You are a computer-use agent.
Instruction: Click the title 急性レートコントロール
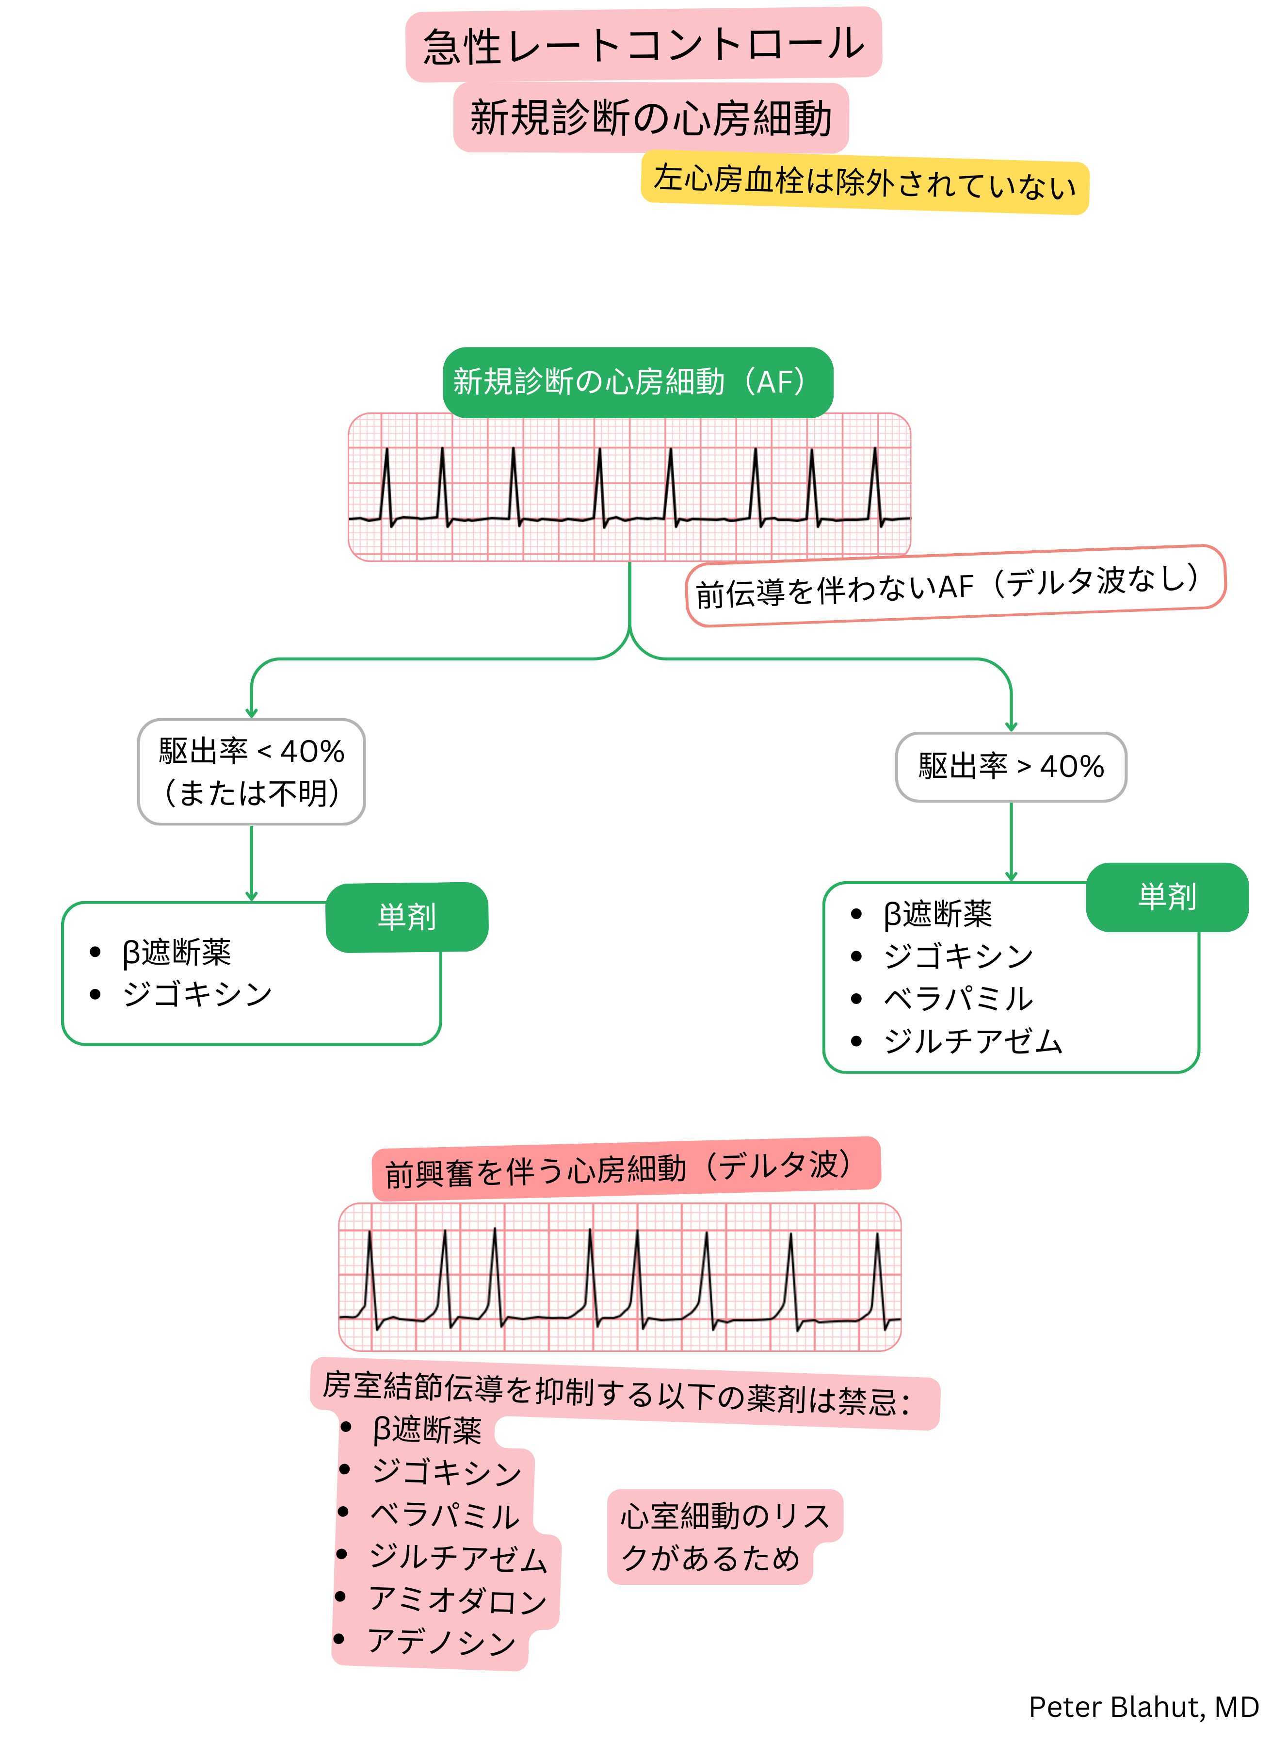643,45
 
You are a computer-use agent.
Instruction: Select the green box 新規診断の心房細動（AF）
637,382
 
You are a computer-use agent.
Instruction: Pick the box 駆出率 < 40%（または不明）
251,772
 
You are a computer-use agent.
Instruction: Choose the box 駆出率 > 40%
1011,767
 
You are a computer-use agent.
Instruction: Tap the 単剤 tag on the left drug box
407,917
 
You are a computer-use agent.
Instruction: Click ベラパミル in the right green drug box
957,998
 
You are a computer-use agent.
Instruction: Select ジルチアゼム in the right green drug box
972,1041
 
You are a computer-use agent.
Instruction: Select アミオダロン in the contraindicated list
458,1600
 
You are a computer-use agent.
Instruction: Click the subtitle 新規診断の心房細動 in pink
650,118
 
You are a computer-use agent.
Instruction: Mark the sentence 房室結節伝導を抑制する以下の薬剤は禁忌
616,1394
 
